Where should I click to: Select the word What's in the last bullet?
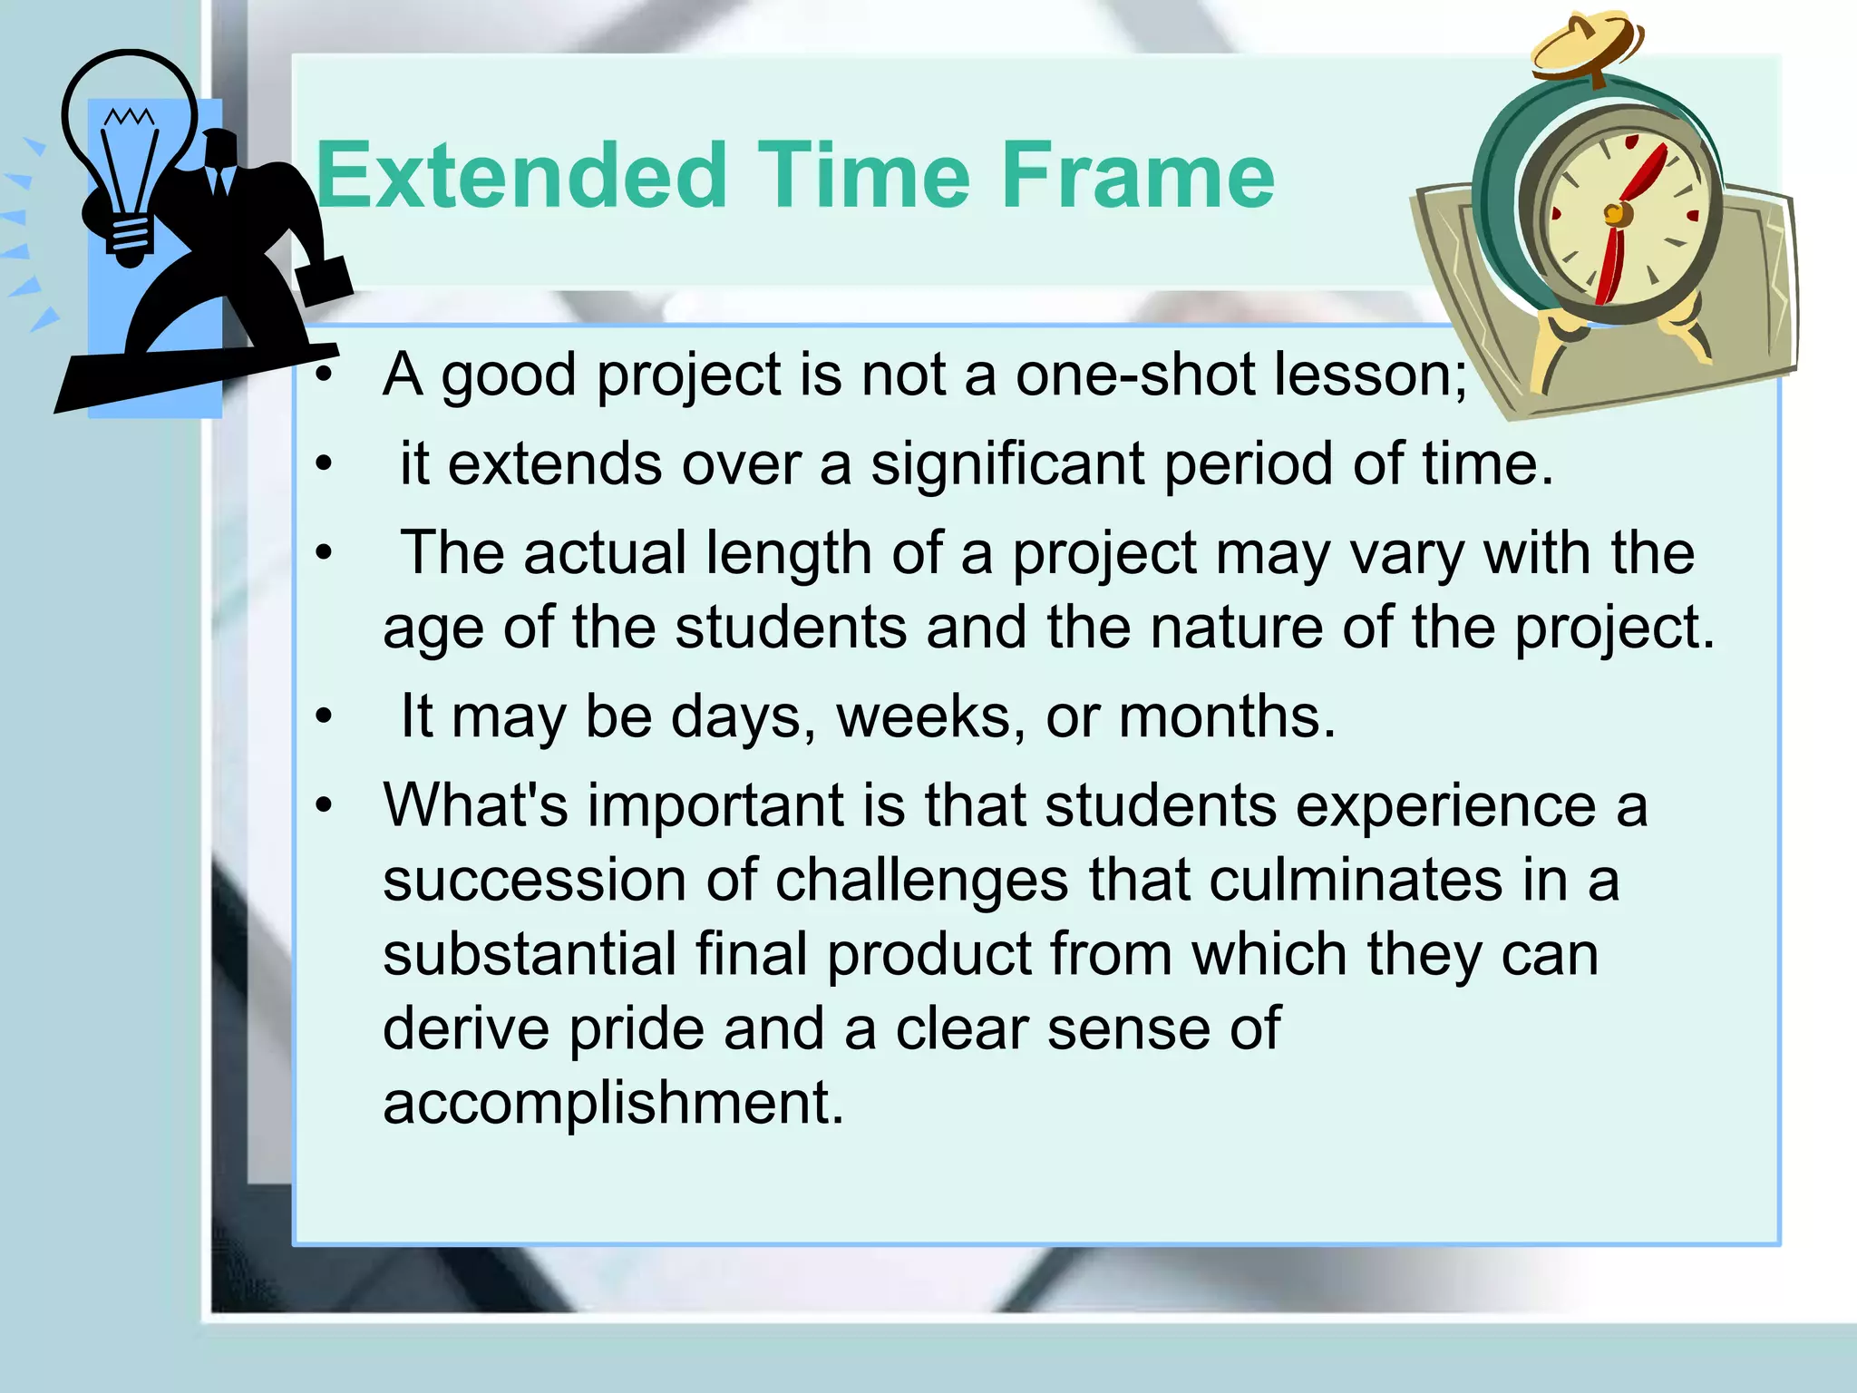tap(475, 805)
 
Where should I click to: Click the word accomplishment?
tap(613, 1103)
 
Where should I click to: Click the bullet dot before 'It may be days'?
tap(325, 718)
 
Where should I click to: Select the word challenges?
tap(921, 880)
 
